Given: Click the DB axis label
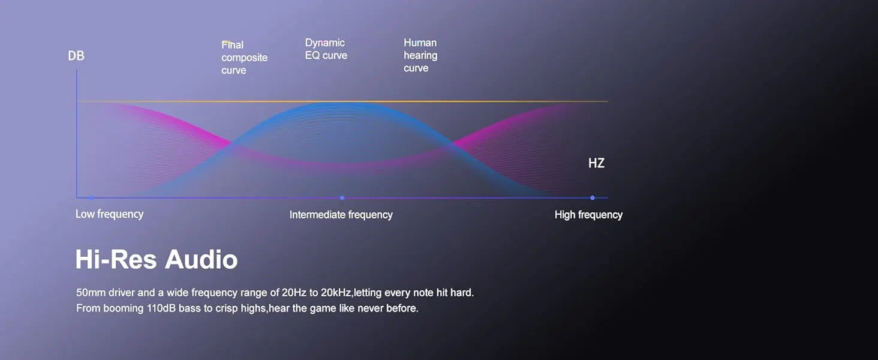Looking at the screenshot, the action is [76, 56].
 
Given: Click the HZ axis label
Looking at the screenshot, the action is [596, 163].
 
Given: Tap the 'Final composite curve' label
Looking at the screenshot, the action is [244, 58].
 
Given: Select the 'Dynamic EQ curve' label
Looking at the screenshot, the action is [326, 49].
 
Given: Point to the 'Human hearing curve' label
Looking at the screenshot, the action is [420, 55].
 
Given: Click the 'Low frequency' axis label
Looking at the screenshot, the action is [109, 214].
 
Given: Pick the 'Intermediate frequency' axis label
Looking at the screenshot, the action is [341, 215].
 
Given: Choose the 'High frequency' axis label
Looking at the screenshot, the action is [588, 215].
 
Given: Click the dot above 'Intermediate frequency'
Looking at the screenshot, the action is [342, 198].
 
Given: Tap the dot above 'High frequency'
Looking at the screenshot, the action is [593, 198].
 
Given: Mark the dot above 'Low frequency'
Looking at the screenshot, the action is [91, 198].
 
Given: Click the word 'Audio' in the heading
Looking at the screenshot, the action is [201, 259].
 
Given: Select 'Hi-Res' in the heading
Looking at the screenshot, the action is [116, 259].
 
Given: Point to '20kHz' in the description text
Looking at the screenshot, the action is [336, 293].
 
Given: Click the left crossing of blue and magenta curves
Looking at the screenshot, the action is [232, 144].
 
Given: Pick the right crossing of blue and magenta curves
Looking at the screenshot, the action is [452, 144].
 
